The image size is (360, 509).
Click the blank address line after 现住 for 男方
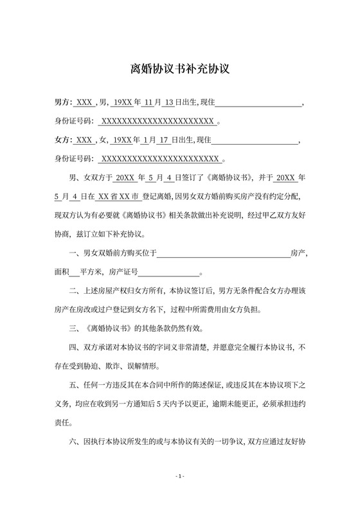pos(257,103)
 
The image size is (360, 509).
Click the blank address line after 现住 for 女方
pos(255,139)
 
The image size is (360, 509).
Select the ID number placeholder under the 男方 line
pos(158,121)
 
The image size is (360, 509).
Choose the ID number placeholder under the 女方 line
pos(161,157)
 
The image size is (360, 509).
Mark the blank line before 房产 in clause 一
pos(224,254)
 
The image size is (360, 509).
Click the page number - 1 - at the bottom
pos(180,476)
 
